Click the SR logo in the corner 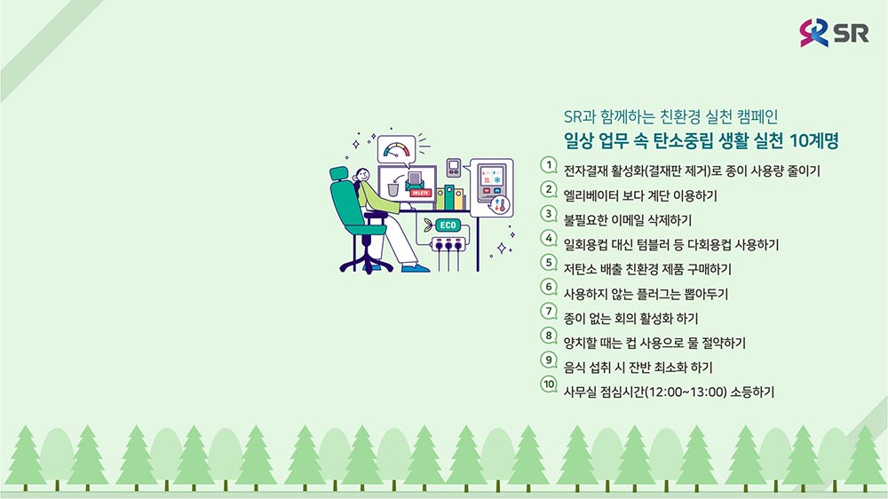pos(834,32)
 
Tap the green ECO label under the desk pos(448,225)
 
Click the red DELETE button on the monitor pos(420,194)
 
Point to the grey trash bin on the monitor pos(393,188)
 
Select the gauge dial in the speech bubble pos(396,149)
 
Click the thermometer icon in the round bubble pos(500,205)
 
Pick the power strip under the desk pos(449,245)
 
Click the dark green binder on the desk pos(449,197)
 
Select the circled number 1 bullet pos(548,165)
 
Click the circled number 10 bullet pos(548,384)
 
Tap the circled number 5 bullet pos(548,262)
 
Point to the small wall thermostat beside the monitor pos(453,168)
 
